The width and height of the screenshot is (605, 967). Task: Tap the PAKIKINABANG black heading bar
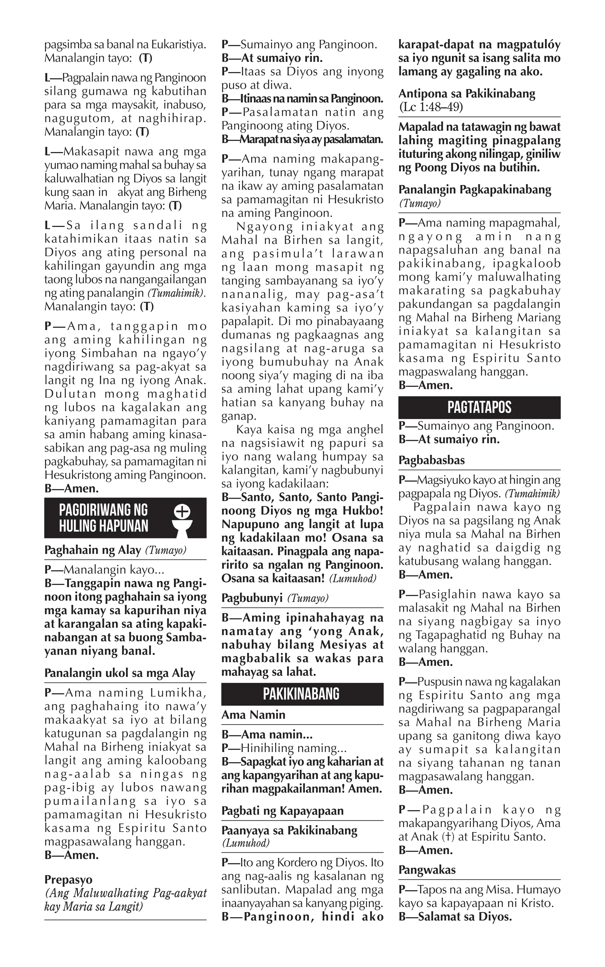302,694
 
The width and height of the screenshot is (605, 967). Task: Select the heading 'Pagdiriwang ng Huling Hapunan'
104,517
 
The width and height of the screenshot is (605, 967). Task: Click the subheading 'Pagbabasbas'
431,460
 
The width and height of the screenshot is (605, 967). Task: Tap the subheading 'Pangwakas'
427,869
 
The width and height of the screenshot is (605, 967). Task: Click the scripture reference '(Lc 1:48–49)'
431,107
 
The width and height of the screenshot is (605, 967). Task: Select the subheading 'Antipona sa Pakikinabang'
466,94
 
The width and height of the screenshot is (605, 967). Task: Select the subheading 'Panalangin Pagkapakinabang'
474,189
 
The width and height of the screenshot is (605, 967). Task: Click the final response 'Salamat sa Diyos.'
465,916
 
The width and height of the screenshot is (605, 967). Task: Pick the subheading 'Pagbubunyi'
252,598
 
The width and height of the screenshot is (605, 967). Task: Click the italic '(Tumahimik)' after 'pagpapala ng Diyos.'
532,494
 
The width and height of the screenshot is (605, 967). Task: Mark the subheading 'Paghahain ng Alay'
92,550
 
